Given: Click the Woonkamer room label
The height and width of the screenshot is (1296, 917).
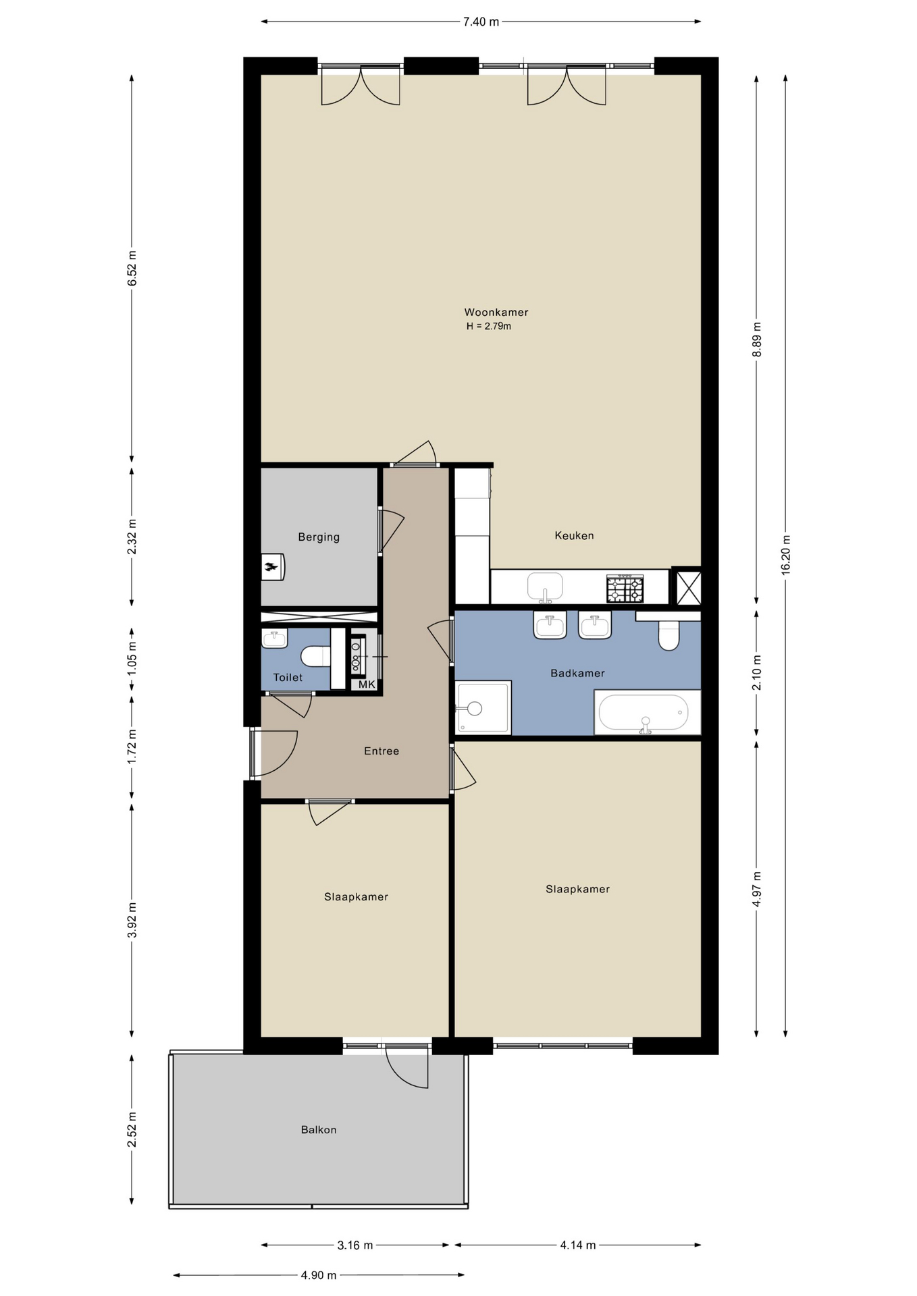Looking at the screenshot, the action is (x=496, y=313).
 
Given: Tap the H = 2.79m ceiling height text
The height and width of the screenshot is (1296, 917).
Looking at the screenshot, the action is (x=488, y=327).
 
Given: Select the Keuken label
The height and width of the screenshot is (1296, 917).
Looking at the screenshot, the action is (x=574, y=536).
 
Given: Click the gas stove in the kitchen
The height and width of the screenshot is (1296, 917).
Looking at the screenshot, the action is (x=625, y=588).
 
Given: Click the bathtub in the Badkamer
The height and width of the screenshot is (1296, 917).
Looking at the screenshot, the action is (x=644, y=713).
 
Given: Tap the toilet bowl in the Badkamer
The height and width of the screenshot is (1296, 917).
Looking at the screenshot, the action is (x=669, y=635).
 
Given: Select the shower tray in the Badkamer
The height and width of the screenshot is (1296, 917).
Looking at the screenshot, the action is (x=483, y=707).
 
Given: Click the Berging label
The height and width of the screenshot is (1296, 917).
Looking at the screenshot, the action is (x=319, y=537).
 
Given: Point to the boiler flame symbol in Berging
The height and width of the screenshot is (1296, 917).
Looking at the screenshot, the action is (x=272, y=567).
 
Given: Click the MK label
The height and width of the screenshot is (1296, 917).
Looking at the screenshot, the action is (x=367, y=684).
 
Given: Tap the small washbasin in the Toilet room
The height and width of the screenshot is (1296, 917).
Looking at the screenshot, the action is (x=274, y=638).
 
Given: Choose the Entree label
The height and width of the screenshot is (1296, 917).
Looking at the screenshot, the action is (x=382, y=751).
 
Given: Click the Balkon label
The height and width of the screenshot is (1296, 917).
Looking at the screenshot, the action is (x=319, y=1130).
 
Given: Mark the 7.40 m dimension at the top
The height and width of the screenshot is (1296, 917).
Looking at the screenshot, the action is (x=481, y=22).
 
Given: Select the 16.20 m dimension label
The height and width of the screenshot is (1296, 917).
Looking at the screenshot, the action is (x=786, y=554).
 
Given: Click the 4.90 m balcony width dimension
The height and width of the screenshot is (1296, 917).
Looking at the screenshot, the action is (x=319, y=1275).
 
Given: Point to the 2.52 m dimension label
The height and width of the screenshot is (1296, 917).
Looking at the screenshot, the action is (x=132, y=1129).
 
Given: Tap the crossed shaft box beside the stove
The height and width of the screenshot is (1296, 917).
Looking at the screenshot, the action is (x=688, y=587).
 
